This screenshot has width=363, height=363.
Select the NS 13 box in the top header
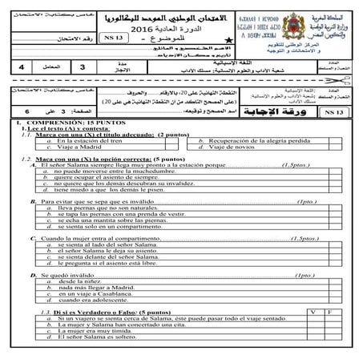(x=120, y=37)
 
